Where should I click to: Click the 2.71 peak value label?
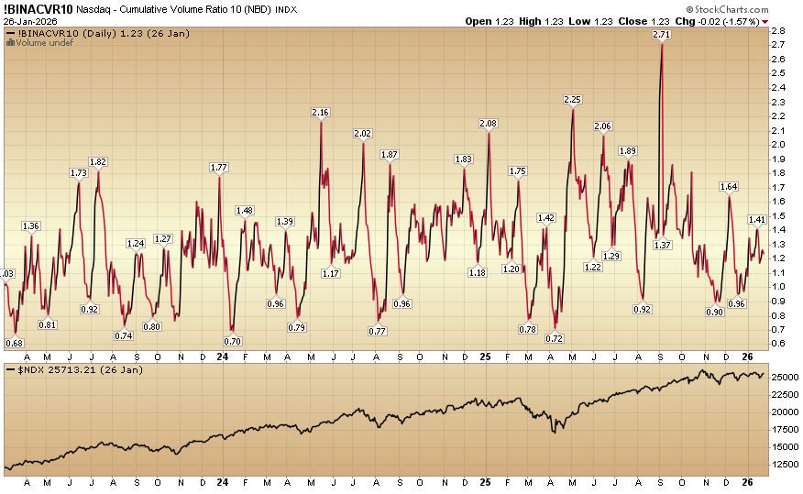(661, 34)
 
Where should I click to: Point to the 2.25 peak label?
(573, 99)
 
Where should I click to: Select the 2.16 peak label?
(320, 112)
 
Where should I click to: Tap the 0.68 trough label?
(14, 343)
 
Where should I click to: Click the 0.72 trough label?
(554, 338)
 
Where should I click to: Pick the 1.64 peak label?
(729, 186)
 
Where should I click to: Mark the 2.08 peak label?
(489, 124)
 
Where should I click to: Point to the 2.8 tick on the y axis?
(776, 31)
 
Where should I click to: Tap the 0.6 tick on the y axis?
(776, 343)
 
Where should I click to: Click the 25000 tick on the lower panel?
(782, 377)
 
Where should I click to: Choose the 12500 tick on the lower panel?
(782, 464)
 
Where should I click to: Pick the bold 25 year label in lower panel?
(487, 482)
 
